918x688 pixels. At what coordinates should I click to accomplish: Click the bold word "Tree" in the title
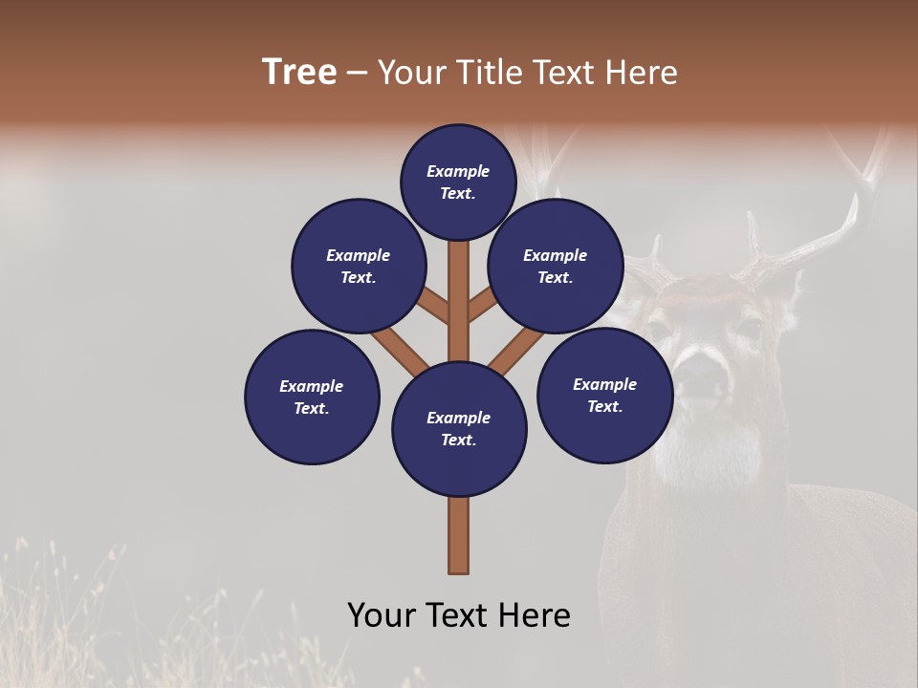coord(298,73)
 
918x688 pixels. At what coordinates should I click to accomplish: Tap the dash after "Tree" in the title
coord(357,74)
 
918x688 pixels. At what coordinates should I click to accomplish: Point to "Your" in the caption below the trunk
coord(383,615)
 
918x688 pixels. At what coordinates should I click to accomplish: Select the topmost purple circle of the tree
coord(458,182)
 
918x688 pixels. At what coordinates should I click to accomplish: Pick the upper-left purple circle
coord(359,266)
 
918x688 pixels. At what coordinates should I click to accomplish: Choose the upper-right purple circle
coord(556,266)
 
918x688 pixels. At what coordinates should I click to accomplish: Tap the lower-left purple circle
coord(312,397)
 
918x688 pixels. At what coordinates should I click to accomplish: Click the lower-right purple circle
coord(604,395)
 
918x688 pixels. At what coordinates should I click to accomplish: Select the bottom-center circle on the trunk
coord(459,429)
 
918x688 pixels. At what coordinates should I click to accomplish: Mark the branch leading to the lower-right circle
coord(516,350)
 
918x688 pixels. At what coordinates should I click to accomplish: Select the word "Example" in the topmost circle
coord(458,171)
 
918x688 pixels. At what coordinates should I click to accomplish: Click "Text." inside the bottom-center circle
coord(458,440)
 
